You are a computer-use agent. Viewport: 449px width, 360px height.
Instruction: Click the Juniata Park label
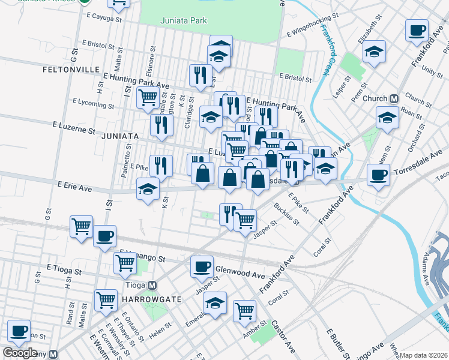184,20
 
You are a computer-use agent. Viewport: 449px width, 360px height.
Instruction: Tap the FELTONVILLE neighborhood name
71,70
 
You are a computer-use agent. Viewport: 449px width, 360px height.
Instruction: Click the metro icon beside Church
394,99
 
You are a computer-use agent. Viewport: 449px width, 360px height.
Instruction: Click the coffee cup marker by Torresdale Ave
378,175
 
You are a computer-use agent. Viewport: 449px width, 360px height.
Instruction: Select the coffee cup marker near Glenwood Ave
202,266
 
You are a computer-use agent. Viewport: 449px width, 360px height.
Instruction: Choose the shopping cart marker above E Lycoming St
148,97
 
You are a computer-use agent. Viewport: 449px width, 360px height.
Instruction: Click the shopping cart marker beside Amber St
245,310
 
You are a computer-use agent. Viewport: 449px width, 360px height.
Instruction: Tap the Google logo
20,353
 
